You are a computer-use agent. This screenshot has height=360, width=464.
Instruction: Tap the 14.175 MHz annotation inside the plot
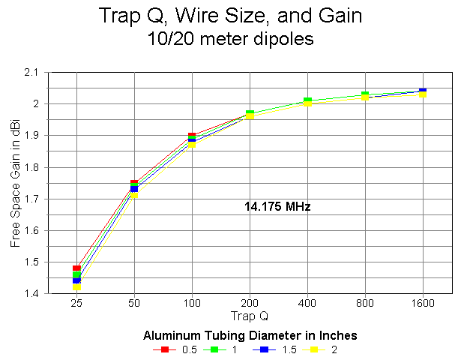click(x=277, y=206)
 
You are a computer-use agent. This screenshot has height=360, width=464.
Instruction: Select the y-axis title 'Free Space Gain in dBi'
click(x=16, y=183)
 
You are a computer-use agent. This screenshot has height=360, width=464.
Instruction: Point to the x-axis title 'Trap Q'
click(x=249, y=315)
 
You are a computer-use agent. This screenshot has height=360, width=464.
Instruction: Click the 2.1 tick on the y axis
click(x=33, y=73)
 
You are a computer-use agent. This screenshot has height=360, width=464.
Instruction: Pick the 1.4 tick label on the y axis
click(x=33, y=294)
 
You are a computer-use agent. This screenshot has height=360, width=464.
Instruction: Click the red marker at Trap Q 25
click(x=76, y=268)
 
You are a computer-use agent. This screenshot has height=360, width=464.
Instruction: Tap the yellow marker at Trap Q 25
click(x=76, y=287)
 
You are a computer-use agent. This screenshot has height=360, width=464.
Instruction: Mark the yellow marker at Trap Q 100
click(x=192, y=144)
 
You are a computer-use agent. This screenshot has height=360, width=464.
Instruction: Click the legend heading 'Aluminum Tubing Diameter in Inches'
click(x=250, y=334)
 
